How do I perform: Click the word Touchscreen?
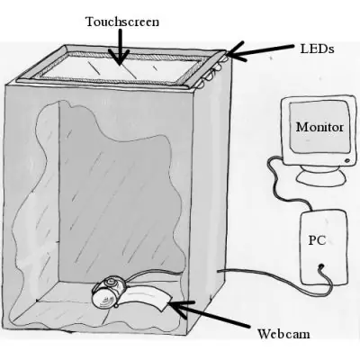(122, 22)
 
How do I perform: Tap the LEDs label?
(317, 49)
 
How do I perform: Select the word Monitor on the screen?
(319, 127)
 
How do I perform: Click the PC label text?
(317, 240)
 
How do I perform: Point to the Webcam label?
(283, 334)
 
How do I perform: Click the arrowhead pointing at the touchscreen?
(120, 58)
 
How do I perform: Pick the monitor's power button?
(347, 161)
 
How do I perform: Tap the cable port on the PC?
(321, 265)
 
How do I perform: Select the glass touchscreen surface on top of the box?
(120, 67)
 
